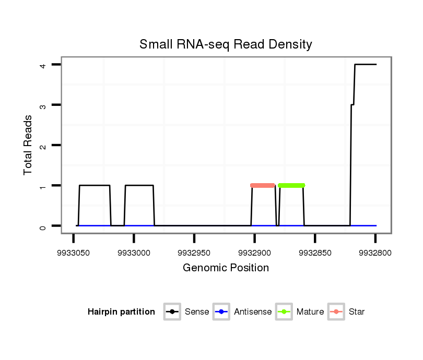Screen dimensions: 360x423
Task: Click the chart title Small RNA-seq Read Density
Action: click(x=226, y=44)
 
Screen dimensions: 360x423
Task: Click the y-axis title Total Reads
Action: click(x=28, y=145)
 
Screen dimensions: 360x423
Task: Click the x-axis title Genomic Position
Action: click(x=226, y=268)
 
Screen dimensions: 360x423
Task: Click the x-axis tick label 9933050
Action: click(x=73, y=253)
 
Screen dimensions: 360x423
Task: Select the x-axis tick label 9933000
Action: click(x=134, y=253)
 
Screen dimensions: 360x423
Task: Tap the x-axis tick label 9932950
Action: click(x=194, y=253)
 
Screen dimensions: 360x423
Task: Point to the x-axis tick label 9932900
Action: click(x=254, y=253)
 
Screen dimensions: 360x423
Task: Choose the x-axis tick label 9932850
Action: click(x=315, y=253)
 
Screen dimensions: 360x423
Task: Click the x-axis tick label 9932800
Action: click(x=375, y=253)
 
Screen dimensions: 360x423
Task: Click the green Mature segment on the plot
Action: click(x=291, y=185)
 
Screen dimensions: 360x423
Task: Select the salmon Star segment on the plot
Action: click(x=263, y=185)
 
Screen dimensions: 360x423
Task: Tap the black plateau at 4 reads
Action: click(x=366, y=65)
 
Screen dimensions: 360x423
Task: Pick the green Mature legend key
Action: click(x=284, y=312)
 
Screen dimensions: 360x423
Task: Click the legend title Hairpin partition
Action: click(x=121, y=312)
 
